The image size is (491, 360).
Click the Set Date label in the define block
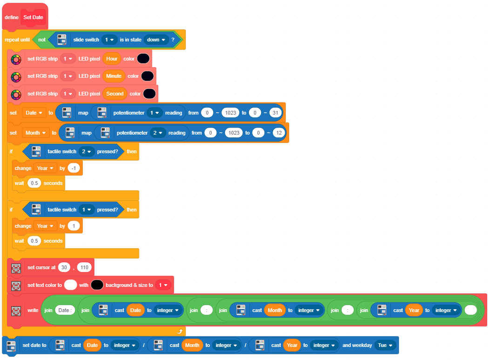coord(33,17)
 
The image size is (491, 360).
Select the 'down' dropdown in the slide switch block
coord(156,40)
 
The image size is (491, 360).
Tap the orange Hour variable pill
coord(112,59)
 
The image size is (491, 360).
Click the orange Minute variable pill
coord(114,76)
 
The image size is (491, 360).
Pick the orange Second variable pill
coord(115,94)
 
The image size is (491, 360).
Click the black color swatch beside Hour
coord(143,59)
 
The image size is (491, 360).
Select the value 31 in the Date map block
coord(275,113)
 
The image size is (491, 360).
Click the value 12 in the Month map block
coord(279,133)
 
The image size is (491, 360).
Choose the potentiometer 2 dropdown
coord(157,133)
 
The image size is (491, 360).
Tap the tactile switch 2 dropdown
coord(86,152)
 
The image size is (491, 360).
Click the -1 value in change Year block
coord(74,168)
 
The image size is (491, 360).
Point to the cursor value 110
coord(84,268)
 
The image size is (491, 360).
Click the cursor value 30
coord(64,268)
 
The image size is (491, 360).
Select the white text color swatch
coord(70,285)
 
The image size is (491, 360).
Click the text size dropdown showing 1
coord(163,285)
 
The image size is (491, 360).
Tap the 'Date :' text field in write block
coord(65,311)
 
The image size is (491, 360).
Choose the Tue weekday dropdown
coord(385,345)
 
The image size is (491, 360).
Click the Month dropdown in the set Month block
coord(36,133)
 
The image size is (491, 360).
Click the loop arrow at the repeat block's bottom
coord(180,332)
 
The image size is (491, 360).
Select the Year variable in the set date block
coord(292,345)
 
